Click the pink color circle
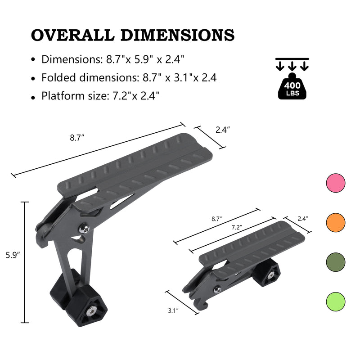(x=335, y=183)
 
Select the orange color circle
(x=335, y=222)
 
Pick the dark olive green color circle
(x=335, y=261)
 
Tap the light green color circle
(x=335, y=300)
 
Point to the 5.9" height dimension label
(x=12, y=255)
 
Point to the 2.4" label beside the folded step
(x=303, y=219)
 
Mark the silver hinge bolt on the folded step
(x=216, y=289)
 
